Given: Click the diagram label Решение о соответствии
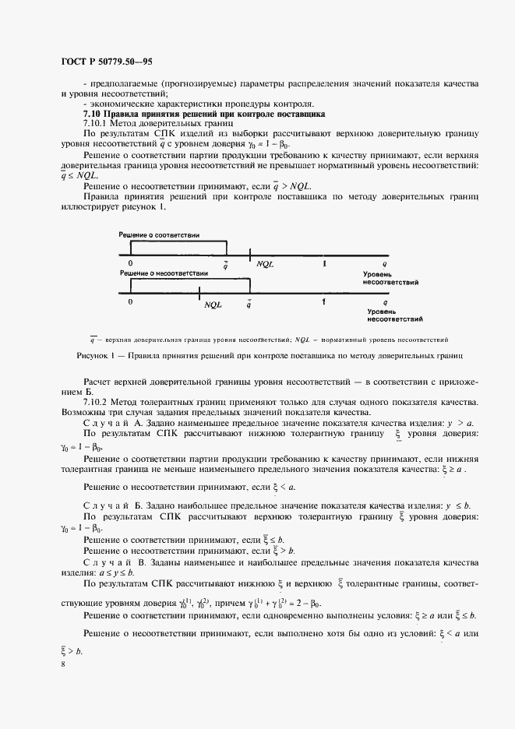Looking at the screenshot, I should (159, 234).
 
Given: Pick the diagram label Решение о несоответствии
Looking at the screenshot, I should (163, 274).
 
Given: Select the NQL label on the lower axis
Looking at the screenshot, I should (213, 305).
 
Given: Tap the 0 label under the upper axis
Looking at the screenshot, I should (131, 264).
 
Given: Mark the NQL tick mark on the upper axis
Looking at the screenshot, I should (250, 254).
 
